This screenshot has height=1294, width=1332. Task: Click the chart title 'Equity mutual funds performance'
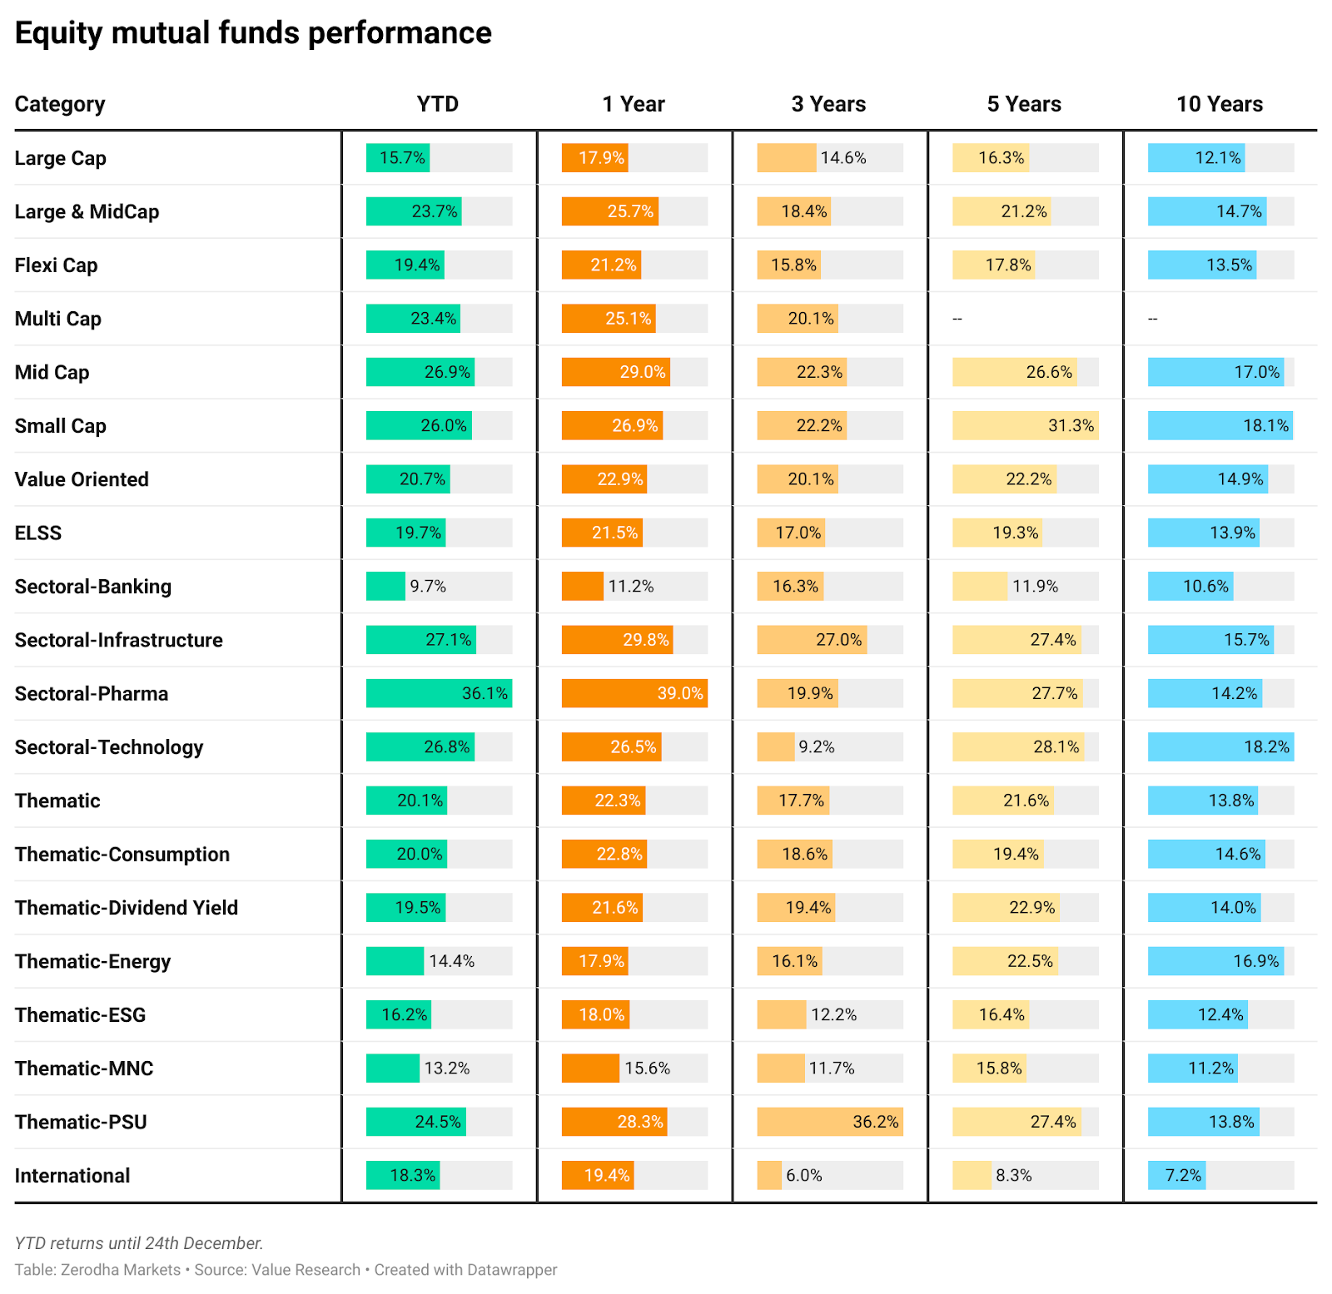[253, 33]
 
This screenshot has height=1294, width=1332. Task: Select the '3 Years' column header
[828, 104]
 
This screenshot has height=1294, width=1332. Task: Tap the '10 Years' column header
[1219, 104]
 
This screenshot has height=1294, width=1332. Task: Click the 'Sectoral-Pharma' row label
[92, 694]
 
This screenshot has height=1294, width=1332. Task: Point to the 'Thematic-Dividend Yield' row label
[127, 908]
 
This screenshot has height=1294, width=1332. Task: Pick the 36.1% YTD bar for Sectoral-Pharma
[439, 694]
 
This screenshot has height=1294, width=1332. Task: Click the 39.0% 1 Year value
[680, 694]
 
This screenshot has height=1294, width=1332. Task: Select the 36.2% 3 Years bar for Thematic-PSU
[829, 1122]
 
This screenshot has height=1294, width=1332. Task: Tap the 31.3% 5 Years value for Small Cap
[1071, 426]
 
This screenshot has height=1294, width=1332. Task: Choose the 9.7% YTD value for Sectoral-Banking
[428, 587]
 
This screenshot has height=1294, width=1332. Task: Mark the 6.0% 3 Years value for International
[804, 1176]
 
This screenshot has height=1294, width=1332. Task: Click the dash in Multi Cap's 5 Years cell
[957, 320]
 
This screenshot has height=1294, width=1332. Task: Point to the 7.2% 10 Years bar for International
[1176, 1176]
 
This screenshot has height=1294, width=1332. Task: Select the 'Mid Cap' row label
[52, 373]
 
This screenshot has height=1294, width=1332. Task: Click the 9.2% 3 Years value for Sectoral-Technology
[817, 747]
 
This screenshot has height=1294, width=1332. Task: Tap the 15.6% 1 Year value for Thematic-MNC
[647, 1068]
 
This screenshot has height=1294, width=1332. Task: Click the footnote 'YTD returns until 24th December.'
[139, 1243]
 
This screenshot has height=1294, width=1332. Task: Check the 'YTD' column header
[438, 104]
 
